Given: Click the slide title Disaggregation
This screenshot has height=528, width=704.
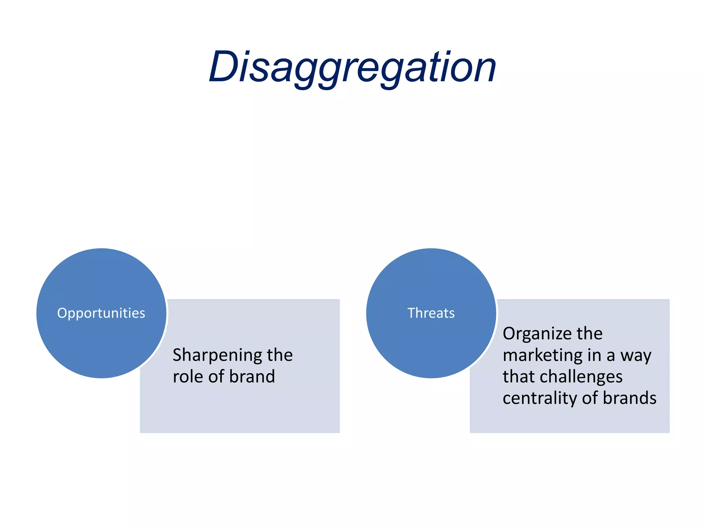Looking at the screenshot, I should pyautogui.click(x=352, y=67).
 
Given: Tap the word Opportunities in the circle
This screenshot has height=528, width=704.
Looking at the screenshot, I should pyautogui.click(x=101, y=313).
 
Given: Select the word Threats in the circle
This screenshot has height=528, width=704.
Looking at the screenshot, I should pyautogui.click(x=431, y=313).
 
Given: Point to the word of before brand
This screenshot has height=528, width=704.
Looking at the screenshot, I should pyautogui.click(x=216, y=376).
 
